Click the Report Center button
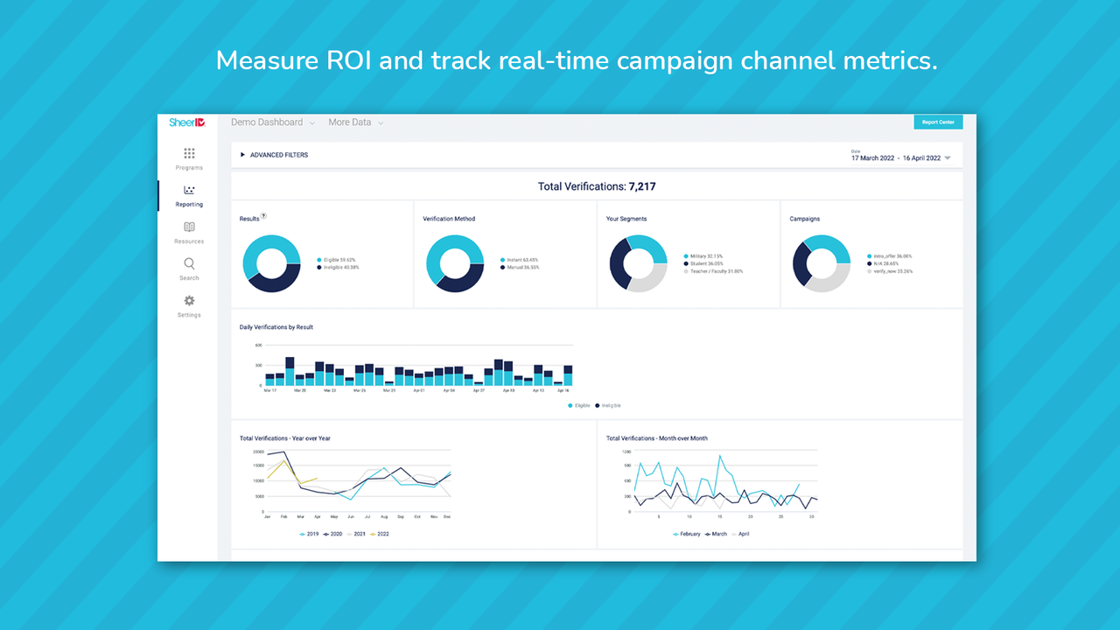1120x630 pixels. tap(938, 122)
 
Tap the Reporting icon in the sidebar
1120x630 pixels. tap(189, 191)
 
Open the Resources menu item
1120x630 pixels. tap(189, 227)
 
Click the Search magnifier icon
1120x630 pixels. tap(189, 264)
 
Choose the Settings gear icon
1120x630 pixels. tap(189, 301)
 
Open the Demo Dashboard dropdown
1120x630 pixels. tap(272, 122)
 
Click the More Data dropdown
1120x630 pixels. tap(355, 122)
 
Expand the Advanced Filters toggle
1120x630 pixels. tap(274, 155)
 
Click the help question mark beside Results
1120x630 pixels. tap(264, 216)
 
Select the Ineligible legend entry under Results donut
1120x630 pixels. tap(341, 267)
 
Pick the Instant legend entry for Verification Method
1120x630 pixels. tap(523, 260)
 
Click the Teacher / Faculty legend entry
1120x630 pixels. tap(716, 271)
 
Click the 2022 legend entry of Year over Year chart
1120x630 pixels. tap(380, 534)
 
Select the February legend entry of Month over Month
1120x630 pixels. tap(689, 534)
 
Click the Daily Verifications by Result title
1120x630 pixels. tap(276, 327)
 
